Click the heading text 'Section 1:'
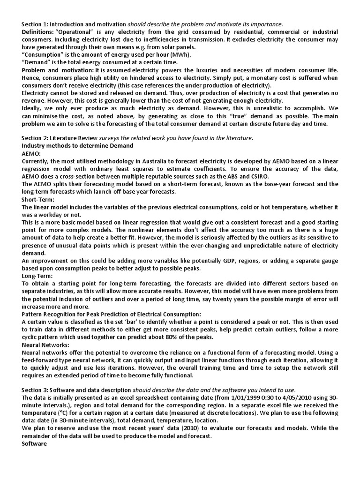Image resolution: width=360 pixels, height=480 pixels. click(x=35, y=24)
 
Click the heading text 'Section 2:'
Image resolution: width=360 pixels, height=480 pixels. click(x=35, y=138)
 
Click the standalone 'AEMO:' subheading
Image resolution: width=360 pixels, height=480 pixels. click(x=31, y=153)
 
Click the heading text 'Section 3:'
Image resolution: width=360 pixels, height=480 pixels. click(x=35, y=390)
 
